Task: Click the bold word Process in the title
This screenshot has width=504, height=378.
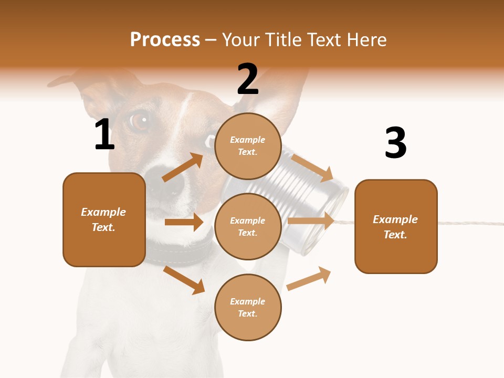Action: click(165, 39)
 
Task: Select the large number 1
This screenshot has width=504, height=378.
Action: click(104, 134)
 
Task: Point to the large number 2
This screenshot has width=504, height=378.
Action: click(248, 79)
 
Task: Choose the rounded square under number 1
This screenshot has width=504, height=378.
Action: click(104, 219)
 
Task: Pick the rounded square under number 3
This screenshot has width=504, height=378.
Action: click(396, 226)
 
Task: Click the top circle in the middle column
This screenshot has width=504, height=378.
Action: click(248, 146)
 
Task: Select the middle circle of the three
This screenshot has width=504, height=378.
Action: click(248, 226)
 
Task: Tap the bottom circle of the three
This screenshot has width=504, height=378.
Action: click(248, 307)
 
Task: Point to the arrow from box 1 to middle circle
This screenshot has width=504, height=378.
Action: click(184, 222)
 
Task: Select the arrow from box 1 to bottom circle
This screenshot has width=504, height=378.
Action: click(184, 280)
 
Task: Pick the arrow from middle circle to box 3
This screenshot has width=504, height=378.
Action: click(311, 221)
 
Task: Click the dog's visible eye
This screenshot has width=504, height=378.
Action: click(139, 121)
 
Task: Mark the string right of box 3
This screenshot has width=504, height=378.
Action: click(470, 223)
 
